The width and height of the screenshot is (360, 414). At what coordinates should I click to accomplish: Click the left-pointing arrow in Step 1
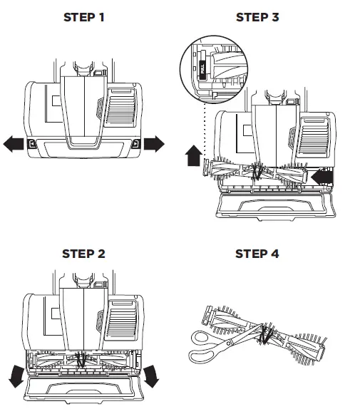pyautogui.click(x=14, y=144)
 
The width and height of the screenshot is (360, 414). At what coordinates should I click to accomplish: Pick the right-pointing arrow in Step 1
pyautogui.click(x=153, y=144)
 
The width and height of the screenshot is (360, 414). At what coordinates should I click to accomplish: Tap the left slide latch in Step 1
pyautogui.click(x=31, y=144)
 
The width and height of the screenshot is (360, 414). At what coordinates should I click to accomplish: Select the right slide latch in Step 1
pyautogui.click(x=135, y=144)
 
